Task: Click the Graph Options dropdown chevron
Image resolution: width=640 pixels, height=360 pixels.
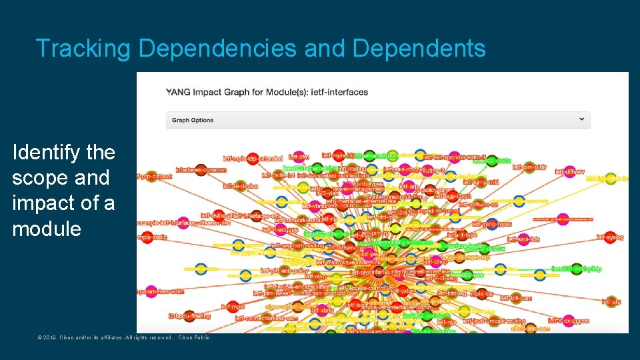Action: click(582, 119)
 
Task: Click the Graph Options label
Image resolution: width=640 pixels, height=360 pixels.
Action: click(193, 120)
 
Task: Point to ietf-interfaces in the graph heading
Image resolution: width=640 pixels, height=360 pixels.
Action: click(343, 92)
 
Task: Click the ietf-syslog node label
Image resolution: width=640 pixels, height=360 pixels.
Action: click(609, 237)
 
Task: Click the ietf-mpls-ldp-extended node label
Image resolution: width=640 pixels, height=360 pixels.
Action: click(253, 158)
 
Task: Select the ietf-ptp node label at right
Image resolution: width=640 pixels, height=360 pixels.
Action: click(611, 302)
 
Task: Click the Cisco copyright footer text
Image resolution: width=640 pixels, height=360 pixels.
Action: click(123, 337)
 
